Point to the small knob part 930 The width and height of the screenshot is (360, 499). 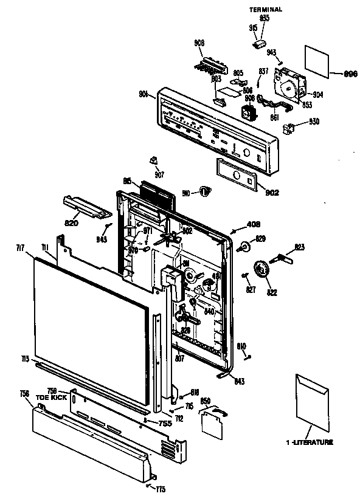(289, 128)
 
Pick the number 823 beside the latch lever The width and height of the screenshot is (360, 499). (299, 247)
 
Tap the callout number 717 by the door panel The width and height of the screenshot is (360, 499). (19, 247)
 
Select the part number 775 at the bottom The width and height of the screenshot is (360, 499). (160, 489)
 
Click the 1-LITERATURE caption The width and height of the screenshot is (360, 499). (310, 443)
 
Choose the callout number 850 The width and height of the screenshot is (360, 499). (206, 402)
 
